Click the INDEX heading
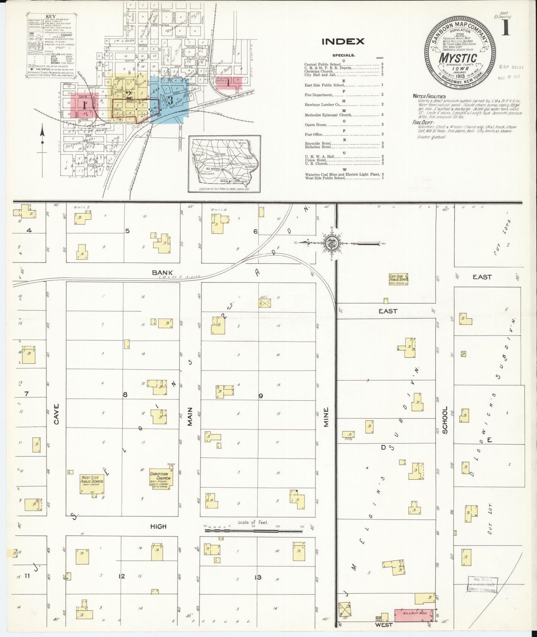click(343, 41)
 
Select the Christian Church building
click(159, 479)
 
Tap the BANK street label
click(162, 272)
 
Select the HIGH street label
click(158, 527)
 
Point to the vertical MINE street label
click(326, 416)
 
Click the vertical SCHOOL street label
click(445, 420)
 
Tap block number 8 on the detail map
click(125, 395)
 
